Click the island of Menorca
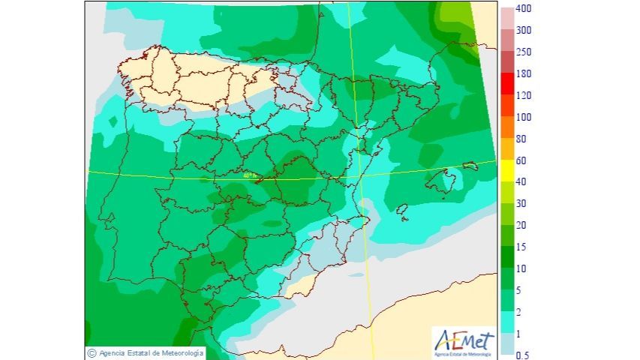tap(470, 166)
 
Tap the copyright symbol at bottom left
tap(92, 352)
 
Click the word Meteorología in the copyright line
tap(177, 352)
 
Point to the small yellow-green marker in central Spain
tap(250, 175)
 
